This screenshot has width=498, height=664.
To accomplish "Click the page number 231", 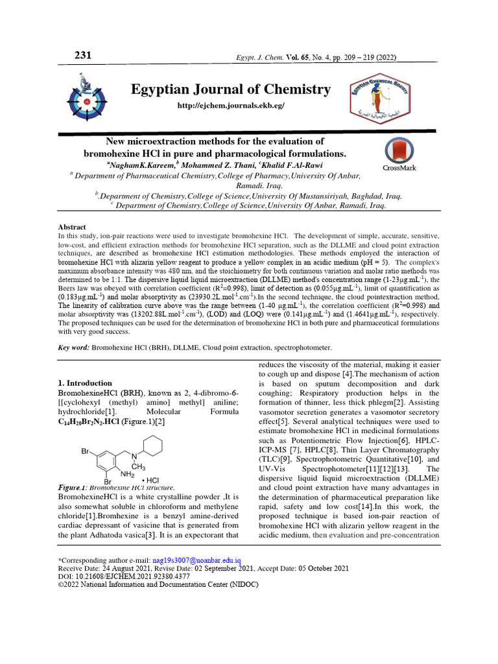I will (83, 55).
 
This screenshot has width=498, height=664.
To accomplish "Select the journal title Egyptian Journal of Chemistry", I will (231, 89).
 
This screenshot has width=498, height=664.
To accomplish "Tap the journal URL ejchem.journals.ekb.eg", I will (231, 105).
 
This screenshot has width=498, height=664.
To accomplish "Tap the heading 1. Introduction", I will (85, 383).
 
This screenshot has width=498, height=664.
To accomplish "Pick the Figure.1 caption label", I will (73, 488).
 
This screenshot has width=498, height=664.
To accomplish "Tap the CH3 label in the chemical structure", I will (137, 466).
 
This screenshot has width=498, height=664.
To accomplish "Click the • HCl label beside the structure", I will (150, 480).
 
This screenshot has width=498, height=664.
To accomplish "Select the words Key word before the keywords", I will (73, 348).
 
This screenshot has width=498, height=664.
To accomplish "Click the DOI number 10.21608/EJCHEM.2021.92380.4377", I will (131, 576).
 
